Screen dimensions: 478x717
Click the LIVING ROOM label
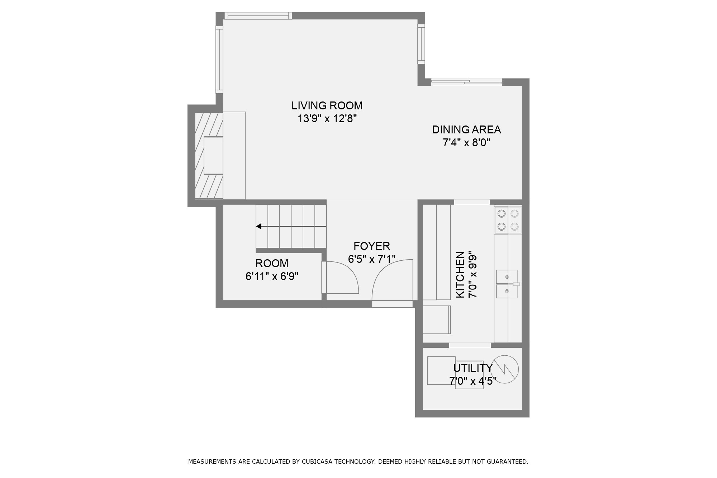[327, 105]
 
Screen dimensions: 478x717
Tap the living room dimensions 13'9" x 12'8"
[327, 119]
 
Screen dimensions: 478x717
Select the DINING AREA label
[466, 129]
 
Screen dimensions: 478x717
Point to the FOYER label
[371, 246]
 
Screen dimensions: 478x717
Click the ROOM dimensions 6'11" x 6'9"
[272, 276]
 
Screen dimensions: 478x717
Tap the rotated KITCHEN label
[460, 274]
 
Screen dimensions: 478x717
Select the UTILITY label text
[473, 368]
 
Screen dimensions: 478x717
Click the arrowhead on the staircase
[259, 226]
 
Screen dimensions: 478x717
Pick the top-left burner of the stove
[502, 214]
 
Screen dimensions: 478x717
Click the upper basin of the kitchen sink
[507, 276]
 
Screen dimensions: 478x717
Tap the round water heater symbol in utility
[504, 369]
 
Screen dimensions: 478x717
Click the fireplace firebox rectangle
[213, 155]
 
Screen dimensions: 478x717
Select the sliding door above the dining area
[466, 82]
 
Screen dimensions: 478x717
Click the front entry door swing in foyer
[393, 283]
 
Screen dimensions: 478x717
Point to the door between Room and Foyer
[341, 278]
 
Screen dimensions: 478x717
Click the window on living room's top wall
[258, 15]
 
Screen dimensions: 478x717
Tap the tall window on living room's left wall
[219, 59]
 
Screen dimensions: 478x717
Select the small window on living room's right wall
[421, 44]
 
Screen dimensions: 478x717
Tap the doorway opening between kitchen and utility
[470, 345]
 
